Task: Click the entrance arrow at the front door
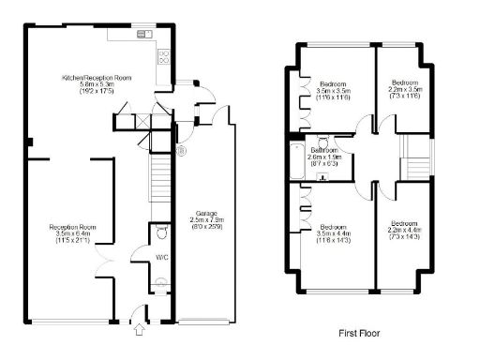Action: coord(141,329)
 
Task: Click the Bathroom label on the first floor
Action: coord(324,150)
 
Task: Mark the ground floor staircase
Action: coord(160,179)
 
